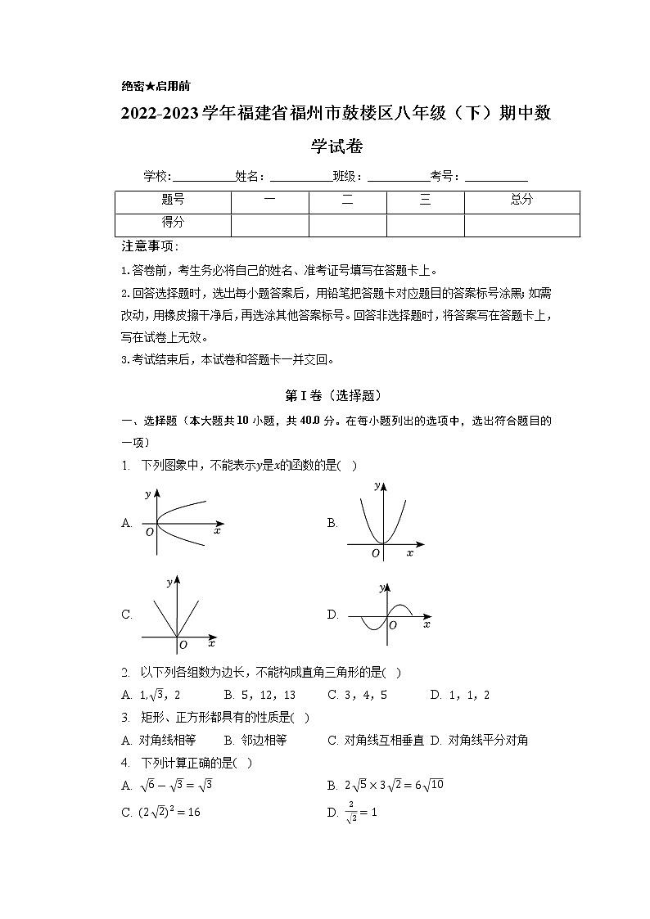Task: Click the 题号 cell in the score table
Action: coord(173,200)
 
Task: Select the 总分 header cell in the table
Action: coord(521,200)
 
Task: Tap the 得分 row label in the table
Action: coord(173,223)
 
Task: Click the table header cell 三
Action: coord(425,200)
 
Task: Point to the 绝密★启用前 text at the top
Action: coord(156,86)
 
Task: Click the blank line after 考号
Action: coord(496,177)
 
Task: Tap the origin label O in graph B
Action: coord(375,553)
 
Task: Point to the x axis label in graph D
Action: coord(427,624)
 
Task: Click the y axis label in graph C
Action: coord(168,583)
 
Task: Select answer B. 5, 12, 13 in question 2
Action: coord(260,695)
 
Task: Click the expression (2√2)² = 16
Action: coord(172,812)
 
